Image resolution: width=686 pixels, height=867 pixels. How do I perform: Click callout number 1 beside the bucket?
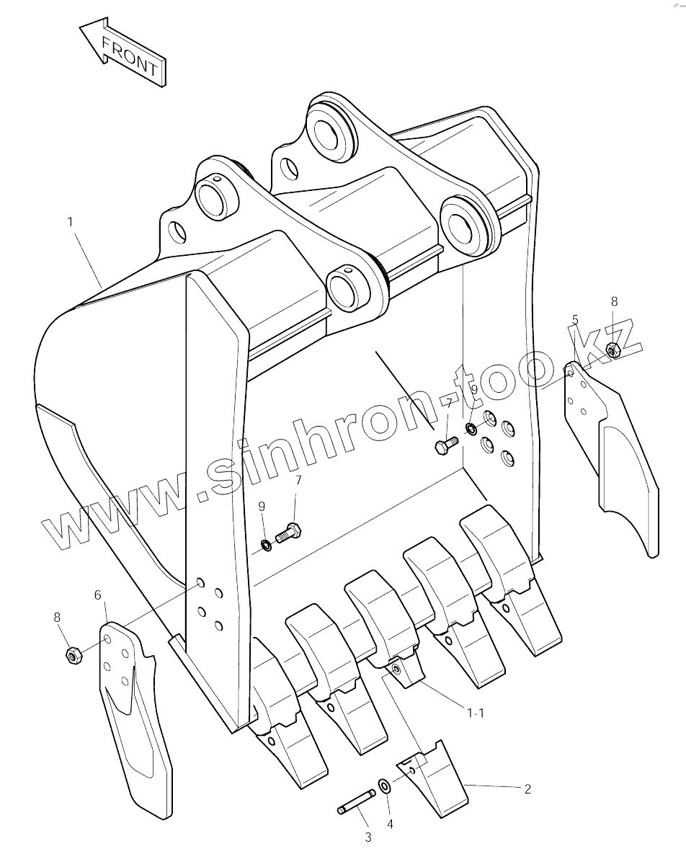click(x=71, y=222)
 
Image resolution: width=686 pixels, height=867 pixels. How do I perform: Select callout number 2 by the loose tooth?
click(x=527, y=789)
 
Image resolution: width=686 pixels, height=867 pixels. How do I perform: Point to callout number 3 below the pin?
click(x=367, y=837)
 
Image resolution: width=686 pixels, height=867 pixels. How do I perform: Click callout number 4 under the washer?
click(x=389, y=824)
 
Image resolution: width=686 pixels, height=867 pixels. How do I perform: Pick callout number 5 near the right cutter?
click(x=575, y=319)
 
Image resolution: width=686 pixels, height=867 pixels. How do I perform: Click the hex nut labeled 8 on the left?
click(x=72, y=654)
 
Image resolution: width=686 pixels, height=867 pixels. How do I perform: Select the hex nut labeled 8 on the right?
click(x=613, y=351)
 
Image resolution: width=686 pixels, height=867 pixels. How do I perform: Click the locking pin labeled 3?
click(x=356, y=802)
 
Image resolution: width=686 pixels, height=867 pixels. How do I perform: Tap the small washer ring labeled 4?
click(x=385, y=785)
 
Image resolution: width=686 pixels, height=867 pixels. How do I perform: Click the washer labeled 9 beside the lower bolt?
click(x=266, y=542)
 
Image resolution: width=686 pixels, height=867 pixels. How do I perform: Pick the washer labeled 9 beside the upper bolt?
click(x=471, y=430)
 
